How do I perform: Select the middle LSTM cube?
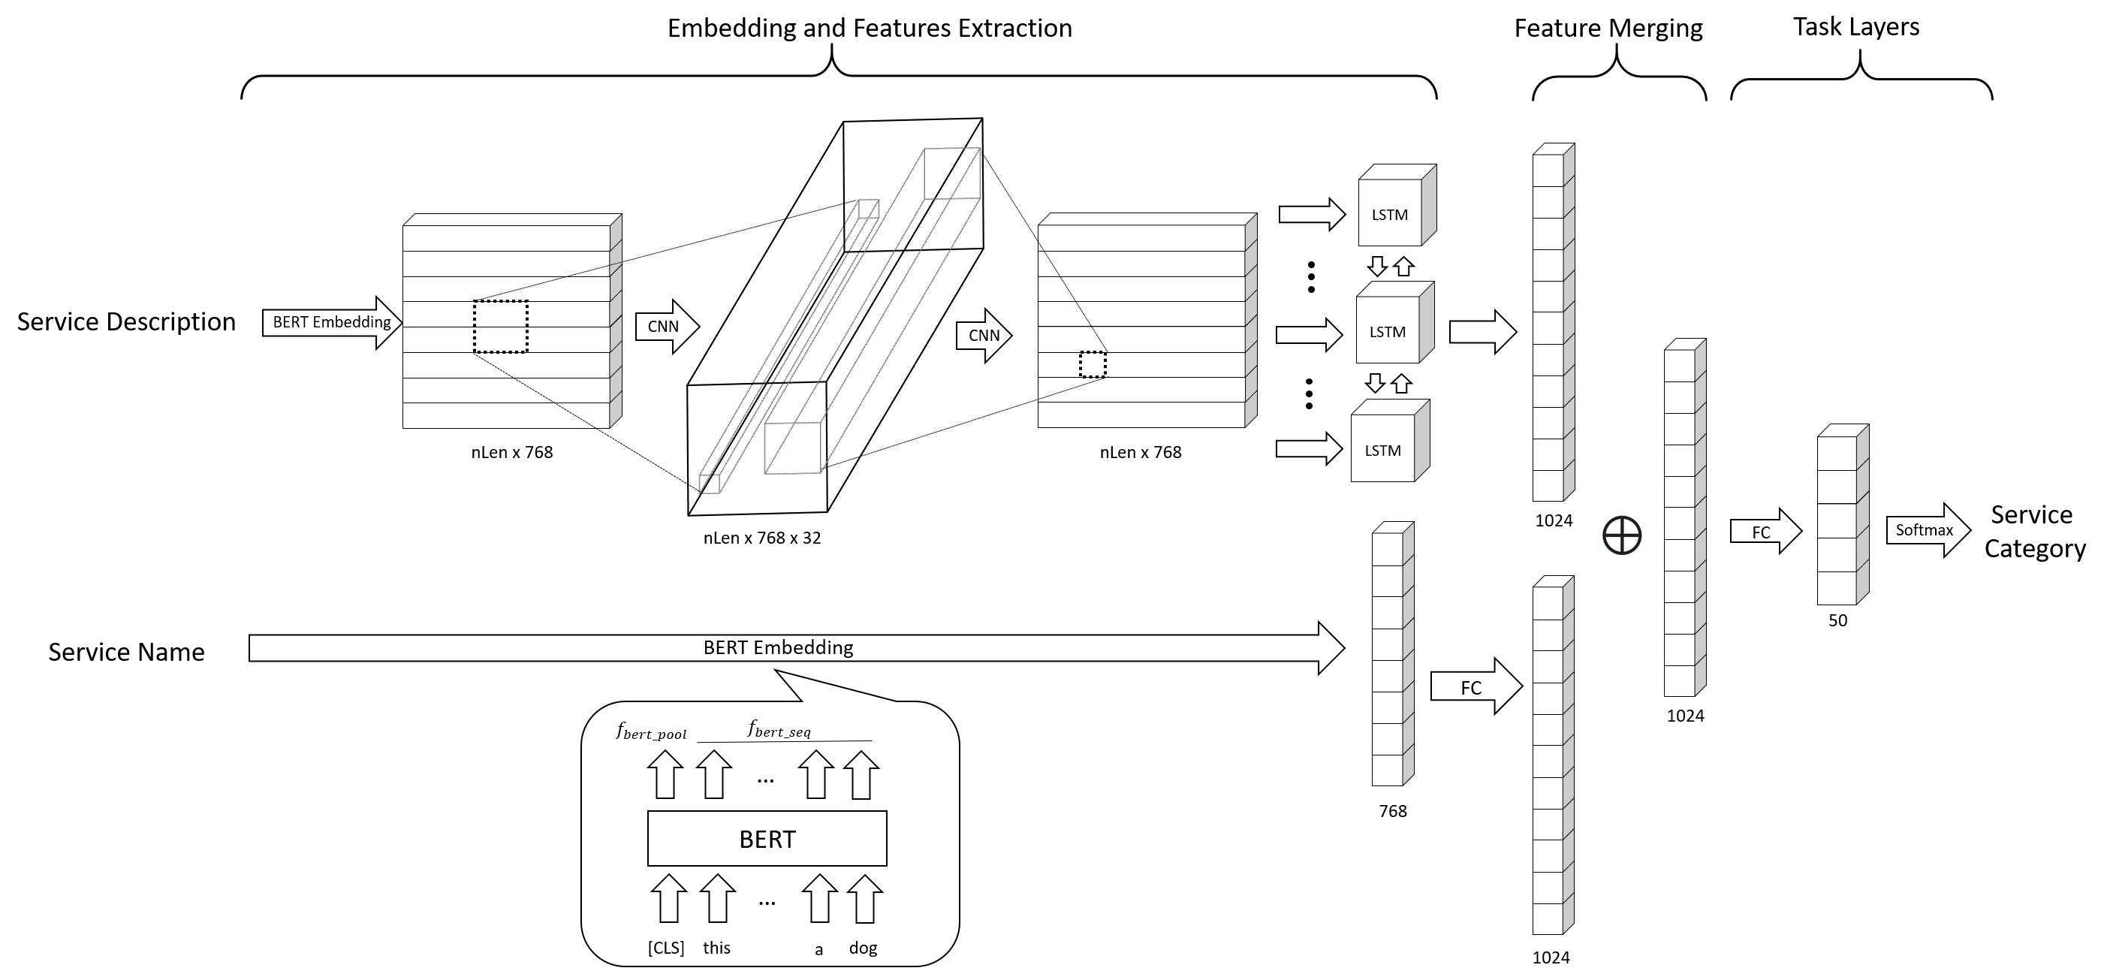(1388, 330)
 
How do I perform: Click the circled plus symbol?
(1621, 535)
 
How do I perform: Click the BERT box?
(767, 839)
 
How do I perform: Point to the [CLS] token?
(666, 948)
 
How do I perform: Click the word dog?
(864, 948)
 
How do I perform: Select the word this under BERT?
(716, 948)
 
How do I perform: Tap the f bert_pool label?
(651, 731)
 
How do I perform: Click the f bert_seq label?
(780, 729)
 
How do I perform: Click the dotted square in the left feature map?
(501, 327)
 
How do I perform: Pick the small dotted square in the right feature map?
(1093, 364)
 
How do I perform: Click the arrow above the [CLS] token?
(668, 898)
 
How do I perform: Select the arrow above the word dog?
(864, 898)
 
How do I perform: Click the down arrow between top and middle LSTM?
(1377, 267)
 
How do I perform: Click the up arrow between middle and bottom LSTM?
(1402, 383)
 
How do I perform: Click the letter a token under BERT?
(818, 950)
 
